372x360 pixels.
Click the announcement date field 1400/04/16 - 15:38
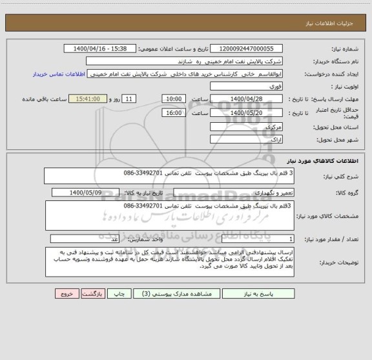(x=101, y=48)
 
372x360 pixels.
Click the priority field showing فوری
(x=247, y=86)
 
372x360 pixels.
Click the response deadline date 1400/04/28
(x=247, y=99)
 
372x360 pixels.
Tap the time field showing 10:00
(x=173, y=99)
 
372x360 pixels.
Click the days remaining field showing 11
(x=130, y=99)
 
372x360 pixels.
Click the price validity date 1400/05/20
(x=247, y=112)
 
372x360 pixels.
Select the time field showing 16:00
(x=173, y=112)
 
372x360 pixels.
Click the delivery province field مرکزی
(x=247, y=127)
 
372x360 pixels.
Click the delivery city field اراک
(x=247, y=140)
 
